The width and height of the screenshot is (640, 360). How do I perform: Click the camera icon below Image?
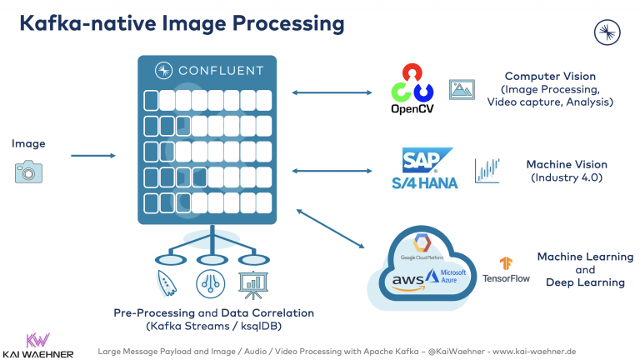27,172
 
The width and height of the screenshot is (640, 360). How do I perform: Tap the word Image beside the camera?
28,144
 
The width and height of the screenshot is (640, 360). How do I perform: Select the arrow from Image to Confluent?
93,156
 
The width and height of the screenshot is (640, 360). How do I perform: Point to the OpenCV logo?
412,90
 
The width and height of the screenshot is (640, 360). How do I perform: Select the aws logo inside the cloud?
407,281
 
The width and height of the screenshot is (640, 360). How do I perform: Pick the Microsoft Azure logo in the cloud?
448,278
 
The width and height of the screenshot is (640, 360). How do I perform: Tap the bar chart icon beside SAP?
487,170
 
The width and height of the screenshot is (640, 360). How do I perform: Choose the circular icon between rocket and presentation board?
208,283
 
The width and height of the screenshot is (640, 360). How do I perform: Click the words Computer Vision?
550,76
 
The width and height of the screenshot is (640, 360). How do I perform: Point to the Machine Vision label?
567,164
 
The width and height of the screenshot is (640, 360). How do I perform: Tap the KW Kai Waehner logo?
37,344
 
